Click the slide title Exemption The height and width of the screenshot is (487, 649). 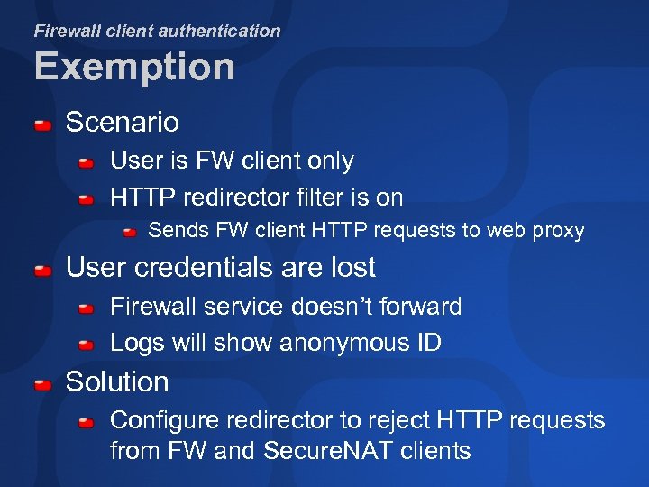134,68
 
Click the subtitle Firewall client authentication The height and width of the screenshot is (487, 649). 157,31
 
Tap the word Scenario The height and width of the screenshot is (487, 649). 123,122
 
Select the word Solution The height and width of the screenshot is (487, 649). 117,381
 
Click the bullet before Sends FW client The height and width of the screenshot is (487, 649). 130,233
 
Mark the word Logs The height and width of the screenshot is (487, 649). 134,344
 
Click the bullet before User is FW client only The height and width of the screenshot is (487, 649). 86,163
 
